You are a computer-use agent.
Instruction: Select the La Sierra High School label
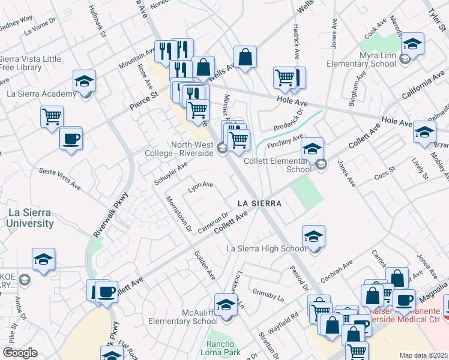pyautogui.click(x=266, y=248)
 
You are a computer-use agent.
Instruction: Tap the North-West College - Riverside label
pyautogui.click(x=192, y=149)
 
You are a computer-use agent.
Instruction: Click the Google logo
pyautogui.click(x=20, y=353)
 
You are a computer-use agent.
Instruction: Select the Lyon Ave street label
pyautogui.click(x=201, y=185)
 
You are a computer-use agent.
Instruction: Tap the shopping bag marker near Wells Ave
pyautogui.click(x=246, y=58)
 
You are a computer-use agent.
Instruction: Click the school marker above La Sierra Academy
pyautogui.click(x=84, y=80)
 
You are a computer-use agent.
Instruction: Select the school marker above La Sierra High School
pyautogui.click(x=313, y=236)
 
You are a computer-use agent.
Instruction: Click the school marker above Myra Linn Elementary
pyautogui.click(x=412, y=43)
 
